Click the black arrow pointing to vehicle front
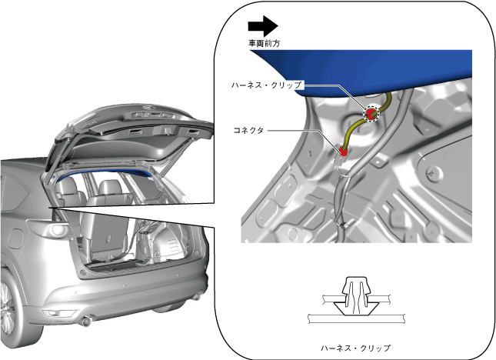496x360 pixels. pos(263,26)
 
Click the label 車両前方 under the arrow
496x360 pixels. pos(264,43)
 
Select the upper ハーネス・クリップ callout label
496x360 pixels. pos(266,85)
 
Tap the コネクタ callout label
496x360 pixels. pos(248,130)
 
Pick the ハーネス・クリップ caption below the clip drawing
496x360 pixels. pos(355,348)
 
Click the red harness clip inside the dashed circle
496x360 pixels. pos(371,113)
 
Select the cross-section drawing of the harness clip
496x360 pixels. pos(356,301)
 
